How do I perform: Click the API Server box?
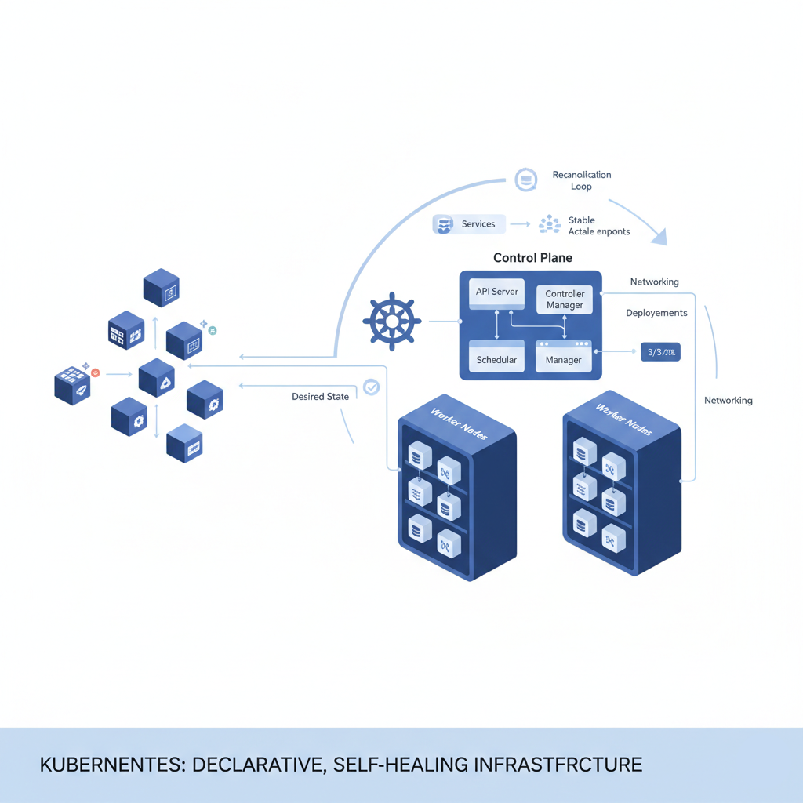click(x=497, y=292)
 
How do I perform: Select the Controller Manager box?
click(x=565, y=300)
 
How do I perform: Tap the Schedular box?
click(x=497, y=360)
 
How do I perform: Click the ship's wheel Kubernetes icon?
click(x=392, y=321)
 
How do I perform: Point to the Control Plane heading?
click(x=532, y=257)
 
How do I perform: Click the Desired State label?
click(x=320, y=397)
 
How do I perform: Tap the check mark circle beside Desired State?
click(x=371, y=387)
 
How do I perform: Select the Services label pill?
click(x=469, y=224)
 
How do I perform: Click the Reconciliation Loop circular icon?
click(x=525, y=180)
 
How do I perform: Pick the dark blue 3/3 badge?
click(x=660, y=352)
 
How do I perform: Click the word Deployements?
click(x=656, y=313)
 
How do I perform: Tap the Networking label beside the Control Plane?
click(x=654, y=282)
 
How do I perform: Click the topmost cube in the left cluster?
click(x=162, y=288)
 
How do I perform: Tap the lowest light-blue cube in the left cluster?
click(x=185, y=443)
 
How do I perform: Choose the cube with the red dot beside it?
click(x=73, y=385)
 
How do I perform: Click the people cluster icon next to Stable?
click(x=550, y=225)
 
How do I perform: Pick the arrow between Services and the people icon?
click(x=519, y=225)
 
